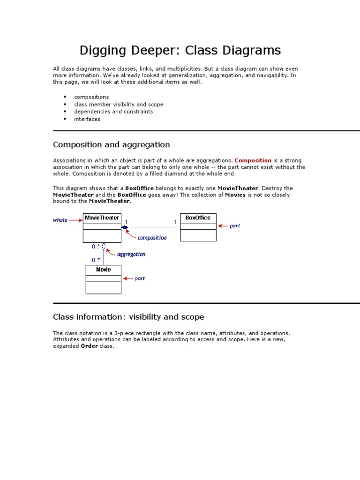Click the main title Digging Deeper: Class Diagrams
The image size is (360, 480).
[x=180, y=50]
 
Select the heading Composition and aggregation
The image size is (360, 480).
[x=112, y=144]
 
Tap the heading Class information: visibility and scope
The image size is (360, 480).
[x=128, y=317]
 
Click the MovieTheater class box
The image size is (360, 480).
[x=102, y=228]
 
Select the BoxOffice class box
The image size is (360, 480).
[x=198, y=227]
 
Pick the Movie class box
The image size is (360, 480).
[x=103, y=279]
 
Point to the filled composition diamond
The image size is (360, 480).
[x=125, y=227]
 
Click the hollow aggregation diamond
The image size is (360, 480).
[x=104, y=247]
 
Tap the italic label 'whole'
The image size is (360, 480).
[x=60, y=220]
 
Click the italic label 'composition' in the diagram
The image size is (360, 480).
[x=152, y=238]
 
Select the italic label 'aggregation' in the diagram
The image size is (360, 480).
[x=131, y=254]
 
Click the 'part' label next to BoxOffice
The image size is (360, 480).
[x=235, y=226]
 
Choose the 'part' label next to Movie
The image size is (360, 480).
[x=140, y=278]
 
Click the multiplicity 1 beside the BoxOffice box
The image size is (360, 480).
[x=175, y=222]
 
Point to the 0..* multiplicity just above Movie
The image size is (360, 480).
[x=96, y=260]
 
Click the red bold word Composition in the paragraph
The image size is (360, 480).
[x=253, y=160]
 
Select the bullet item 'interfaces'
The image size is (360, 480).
[x=87, y=119]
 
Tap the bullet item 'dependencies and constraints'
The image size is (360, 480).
[x=113, y=112]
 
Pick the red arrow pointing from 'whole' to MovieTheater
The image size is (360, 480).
[x=75, y=220]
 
